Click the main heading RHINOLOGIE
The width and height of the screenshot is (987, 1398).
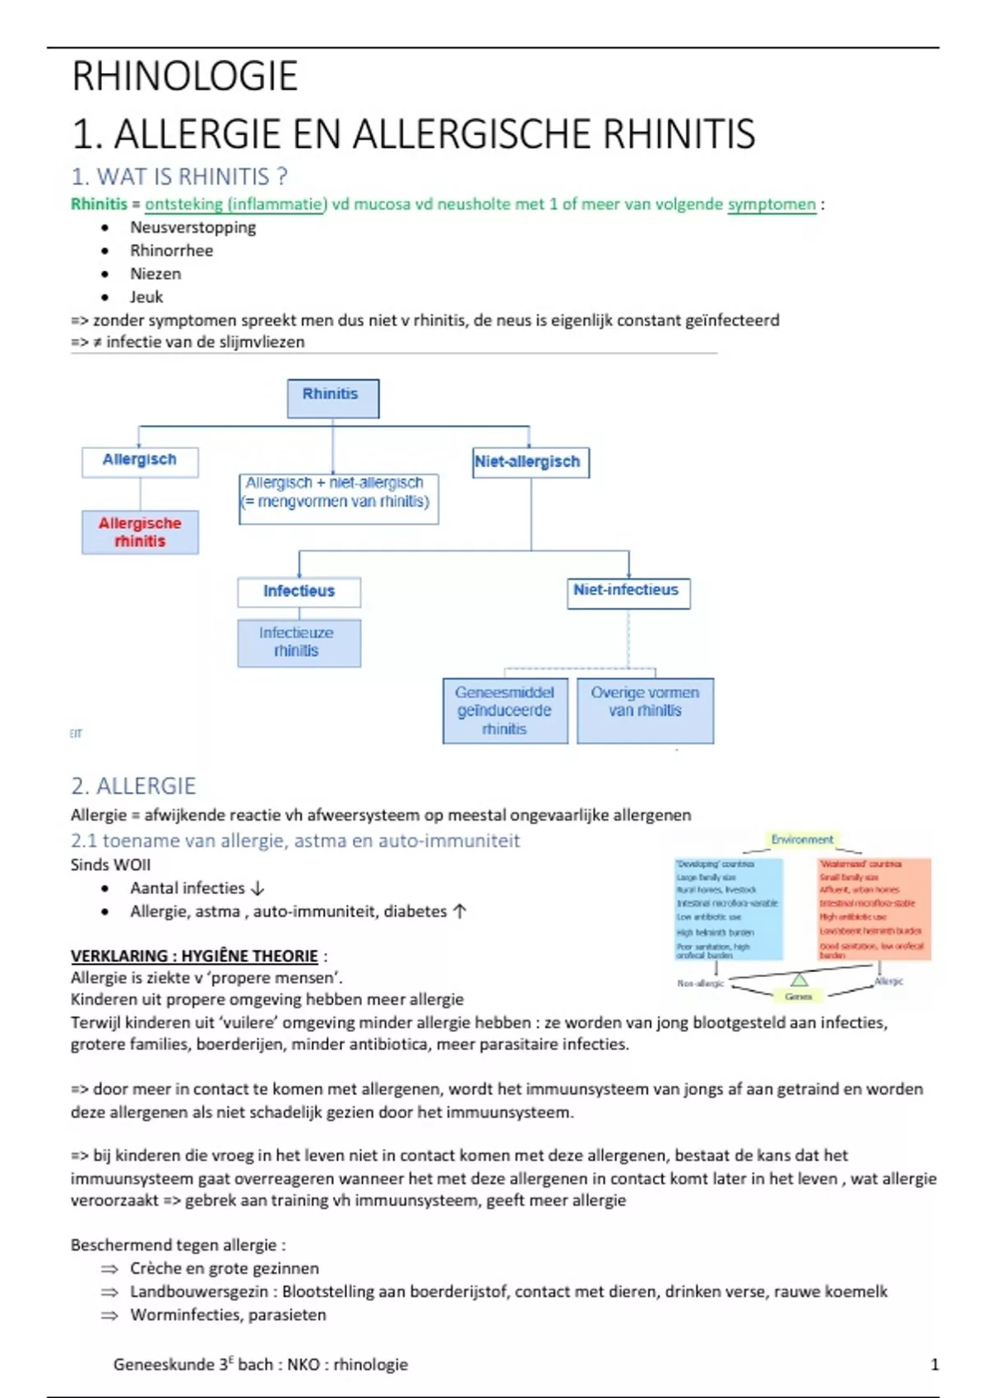(184, 76)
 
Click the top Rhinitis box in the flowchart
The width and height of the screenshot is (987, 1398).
(332, 398)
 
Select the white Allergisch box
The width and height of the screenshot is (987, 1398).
(140, 461)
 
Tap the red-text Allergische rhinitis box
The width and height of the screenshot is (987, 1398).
(140, 532)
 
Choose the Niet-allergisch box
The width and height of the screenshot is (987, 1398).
(530, 462)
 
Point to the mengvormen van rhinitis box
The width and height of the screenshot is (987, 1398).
(338, 498)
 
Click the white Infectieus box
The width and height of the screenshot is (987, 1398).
(299, 591)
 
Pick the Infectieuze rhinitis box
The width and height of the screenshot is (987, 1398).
(299, 642)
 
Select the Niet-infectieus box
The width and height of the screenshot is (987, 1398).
(628, 592)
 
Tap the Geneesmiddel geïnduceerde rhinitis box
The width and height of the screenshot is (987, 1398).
(505, 711)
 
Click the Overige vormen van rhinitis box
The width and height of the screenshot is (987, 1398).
(645, 711)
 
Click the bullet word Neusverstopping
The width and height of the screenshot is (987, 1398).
(192, 228)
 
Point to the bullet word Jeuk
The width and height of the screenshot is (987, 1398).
(146, 297)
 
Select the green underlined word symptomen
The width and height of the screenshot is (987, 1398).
(772, 204)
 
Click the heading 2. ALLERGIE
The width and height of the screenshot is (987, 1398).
(133, 786)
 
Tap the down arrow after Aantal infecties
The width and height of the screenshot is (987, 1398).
(257, 889)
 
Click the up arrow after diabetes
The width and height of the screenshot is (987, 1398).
(460, 911)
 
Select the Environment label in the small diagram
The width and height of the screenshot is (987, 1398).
(802, 840)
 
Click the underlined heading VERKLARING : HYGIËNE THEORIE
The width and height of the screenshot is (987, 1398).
(194, 956)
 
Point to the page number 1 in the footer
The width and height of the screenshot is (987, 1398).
(934, 1364)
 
